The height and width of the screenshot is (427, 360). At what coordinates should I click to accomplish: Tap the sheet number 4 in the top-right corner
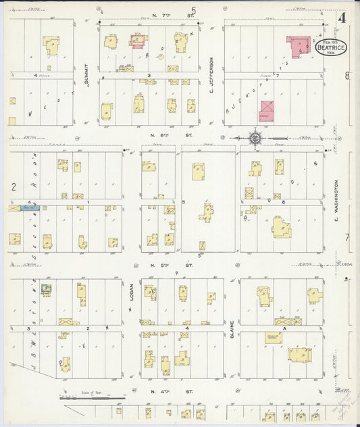click(342, 18)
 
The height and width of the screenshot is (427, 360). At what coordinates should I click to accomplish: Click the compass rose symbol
click(256, 139)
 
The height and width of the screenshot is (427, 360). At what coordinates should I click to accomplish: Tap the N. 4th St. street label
click(162, 391)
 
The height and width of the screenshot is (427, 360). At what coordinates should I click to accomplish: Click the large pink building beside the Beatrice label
click(298, 46)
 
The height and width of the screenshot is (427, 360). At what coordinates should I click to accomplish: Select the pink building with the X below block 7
click(268, 110)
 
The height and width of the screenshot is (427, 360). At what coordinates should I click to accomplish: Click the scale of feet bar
click(93, 398)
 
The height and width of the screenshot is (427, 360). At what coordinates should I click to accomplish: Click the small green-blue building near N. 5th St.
click(46, 289)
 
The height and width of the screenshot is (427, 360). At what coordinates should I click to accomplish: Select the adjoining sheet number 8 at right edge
click(348, 76)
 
